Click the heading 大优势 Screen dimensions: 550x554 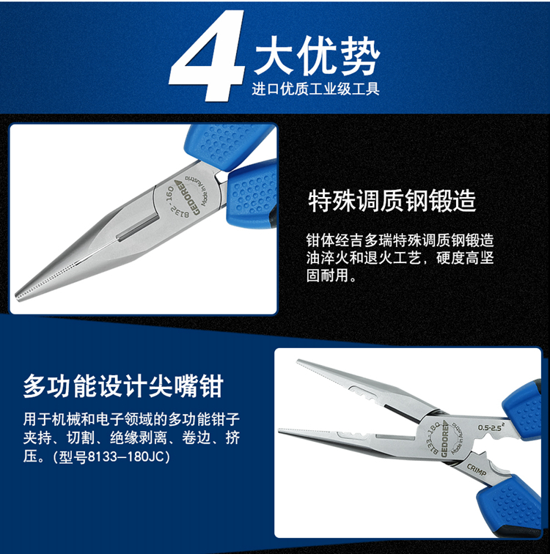click(x=317, y=56)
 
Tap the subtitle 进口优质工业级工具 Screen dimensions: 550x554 click(x=315, y=89)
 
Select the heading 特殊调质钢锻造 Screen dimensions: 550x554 click(x=392, y=201)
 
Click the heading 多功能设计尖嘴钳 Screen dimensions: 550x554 click(x=123, y=386)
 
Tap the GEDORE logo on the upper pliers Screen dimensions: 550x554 click(x=187, y=197)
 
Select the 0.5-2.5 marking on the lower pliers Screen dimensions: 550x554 click(x=491, y=427)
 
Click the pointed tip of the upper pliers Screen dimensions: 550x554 click(x=17, y=297)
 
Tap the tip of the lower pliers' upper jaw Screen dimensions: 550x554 click(x=298, y=361)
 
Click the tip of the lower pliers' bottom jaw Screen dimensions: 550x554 click(x=280, y=430)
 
